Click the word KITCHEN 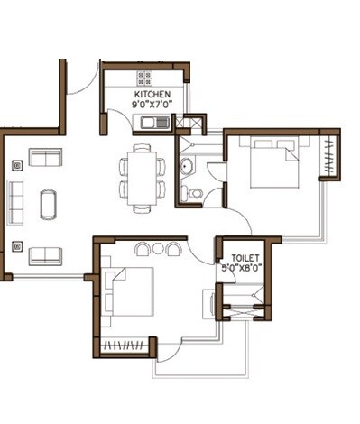pos(152,94)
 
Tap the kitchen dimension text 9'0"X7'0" pos(152,106)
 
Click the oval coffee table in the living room pos(48,203)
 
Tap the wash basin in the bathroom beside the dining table pos(185,165)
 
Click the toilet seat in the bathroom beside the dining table pos(196,191)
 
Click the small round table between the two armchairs pos(158,248)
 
